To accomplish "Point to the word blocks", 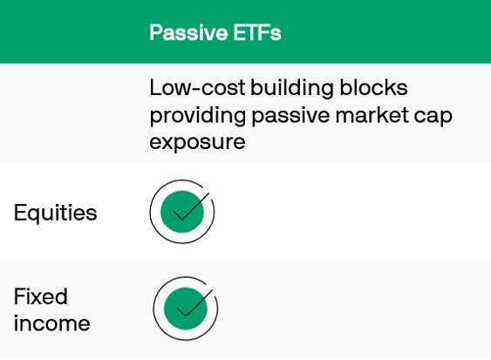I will (x=371, y=88).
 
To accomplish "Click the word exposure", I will (x=194, y=142).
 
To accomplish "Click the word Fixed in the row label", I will (x=41, y=295).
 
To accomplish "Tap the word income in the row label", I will (x=51, y=323).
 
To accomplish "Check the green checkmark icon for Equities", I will (x=182, y=211).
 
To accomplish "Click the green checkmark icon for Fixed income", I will (x=185, y=308).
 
